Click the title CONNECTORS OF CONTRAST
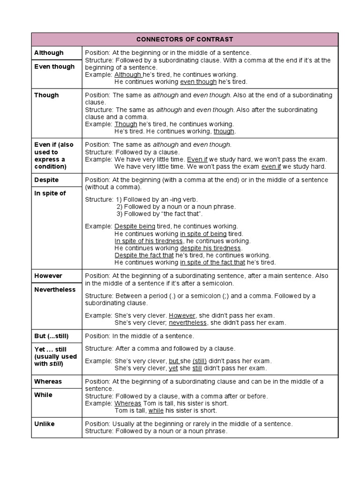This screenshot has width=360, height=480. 184,39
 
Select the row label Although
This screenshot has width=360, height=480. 49,53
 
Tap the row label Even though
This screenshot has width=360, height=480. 54,67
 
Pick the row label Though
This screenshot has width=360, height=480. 46,95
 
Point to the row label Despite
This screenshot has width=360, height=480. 46,180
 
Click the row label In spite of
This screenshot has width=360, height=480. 50,194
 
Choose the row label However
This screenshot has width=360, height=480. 48,276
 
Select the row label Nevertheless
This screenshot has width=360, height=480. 55,290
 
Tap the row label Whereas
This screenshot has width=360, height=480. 48,382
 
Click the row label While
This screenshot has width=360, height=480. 44,395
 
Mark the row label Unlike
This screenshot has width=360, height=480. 45,424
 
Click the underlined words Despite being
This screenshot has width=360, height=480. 135,226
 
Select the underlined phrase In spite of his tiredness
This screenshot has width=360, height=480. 149,241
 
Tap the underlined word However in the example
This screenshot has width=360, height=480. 182,315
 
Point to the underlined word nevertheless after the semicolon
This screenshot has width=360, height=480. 187,323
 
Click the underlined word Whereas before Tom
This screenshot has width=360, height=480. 128,403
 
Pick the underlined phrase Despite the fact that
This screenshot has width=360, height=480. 144,255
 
